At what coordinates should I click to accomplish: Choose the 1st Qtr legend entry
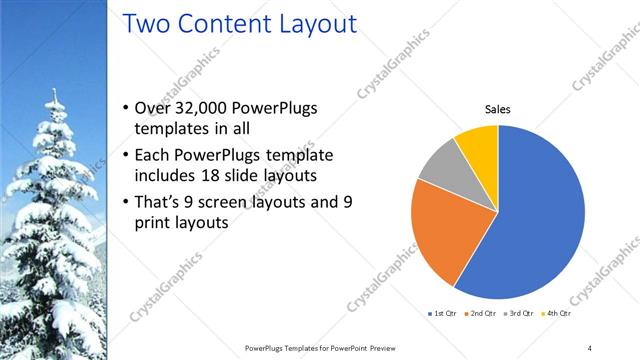pyautogui.click(x=442, y=313)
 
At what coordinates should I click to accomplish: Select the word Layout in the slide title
pyautogui.click(x=316, y=24)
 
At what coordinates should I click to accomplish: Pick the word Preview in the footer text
pyautogui.click(x=390, y=347)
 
